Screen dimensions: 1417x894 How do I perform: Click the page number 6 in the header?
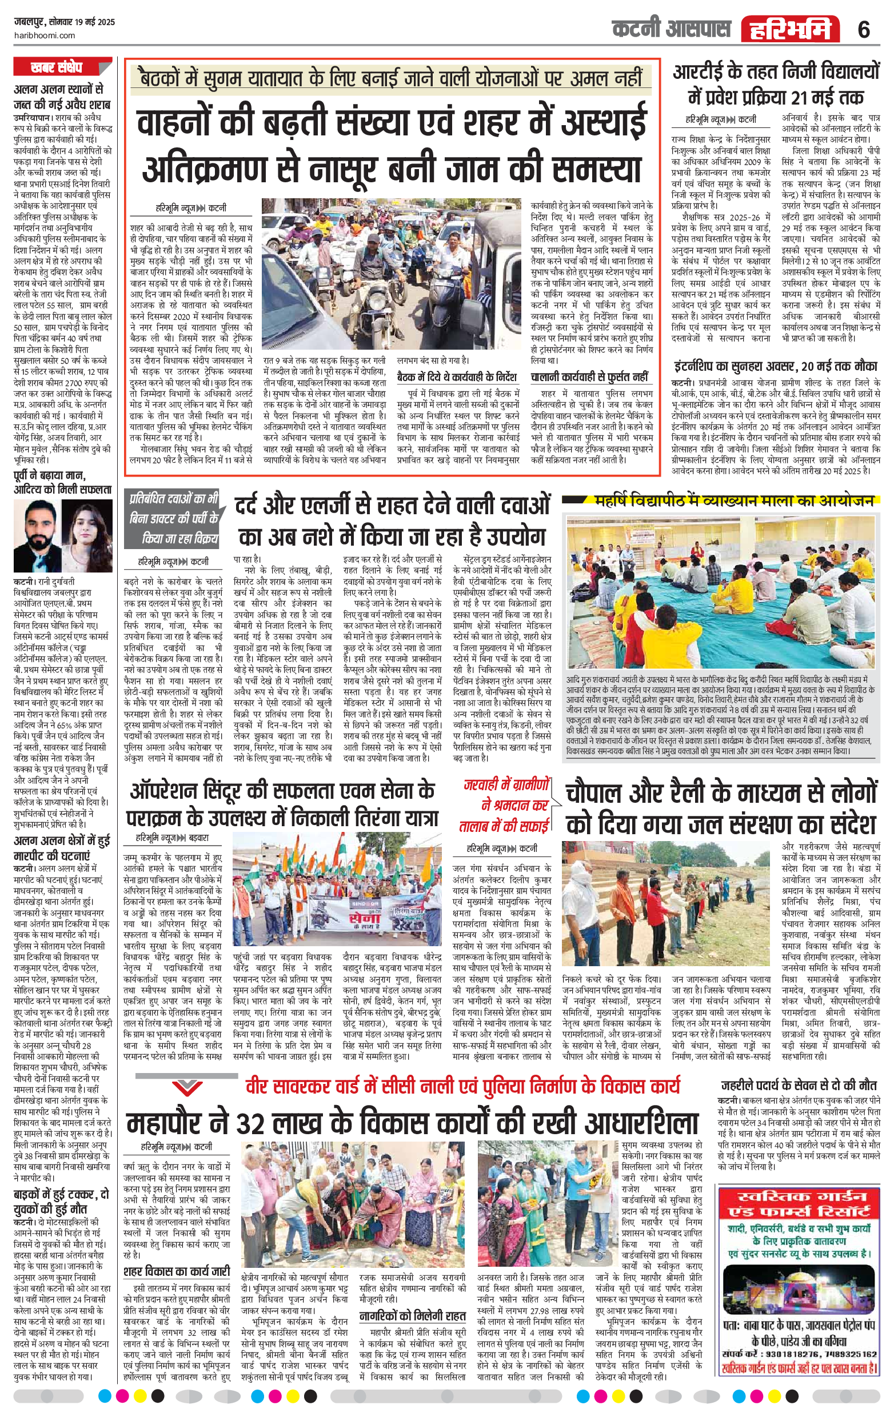point(863,29)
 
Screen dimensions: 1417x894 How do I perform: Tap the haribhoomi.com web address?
point(44,35)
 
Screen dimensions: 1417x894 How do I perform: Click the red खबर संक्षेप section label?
point(57,67)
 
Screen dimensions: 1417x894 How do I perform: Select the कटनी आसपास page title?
point(671,29)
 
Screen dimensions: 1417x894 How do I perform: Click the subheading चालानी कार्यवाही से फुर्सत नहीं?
point(589,377)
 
